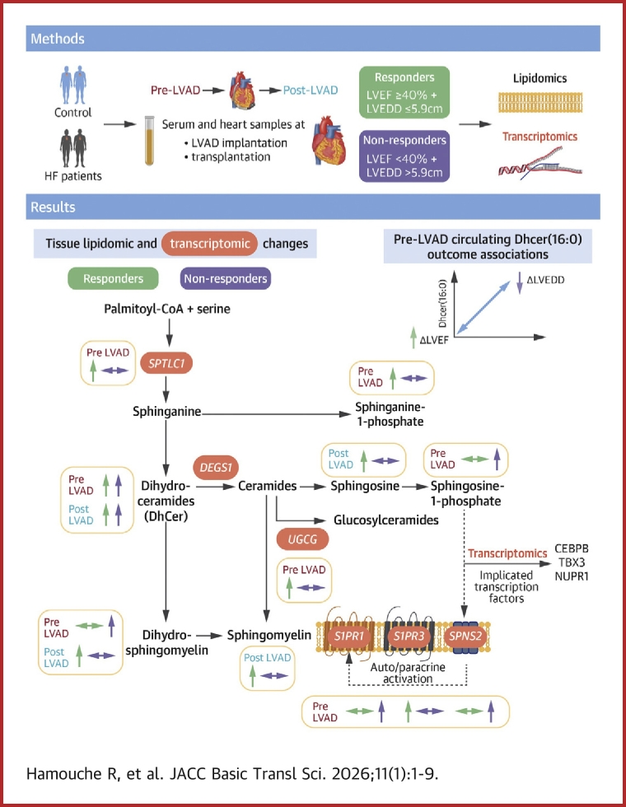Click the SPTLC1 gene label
point(166,363)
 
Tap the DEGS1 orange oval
point(216,468)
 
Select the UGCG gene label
point(302,539)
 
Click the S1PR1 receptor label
point(349,636)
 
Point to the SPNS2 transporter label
point(465,636)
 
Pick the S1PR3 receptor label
point(409,636)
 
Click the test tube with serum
point(149,141)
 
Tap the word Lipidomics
point(540,78)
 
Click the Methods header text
point(58,39)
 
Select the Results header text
point(53,207)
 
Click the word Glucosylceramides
point(386,520)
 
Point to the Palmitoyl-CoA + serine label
point(166,309)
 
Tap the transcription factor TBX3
point(572,562)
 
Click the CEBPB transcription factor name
point(572,548)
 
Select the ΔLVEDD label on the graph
point(545,280)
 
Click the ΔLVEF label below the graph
point(434,340)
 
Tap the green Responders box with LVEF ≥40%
point(404,92)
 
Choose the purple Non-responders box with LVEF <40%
point(404,156)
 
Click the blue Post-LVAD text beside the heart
point(311,90)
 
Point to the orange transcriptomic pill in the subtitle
point(209,244)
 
